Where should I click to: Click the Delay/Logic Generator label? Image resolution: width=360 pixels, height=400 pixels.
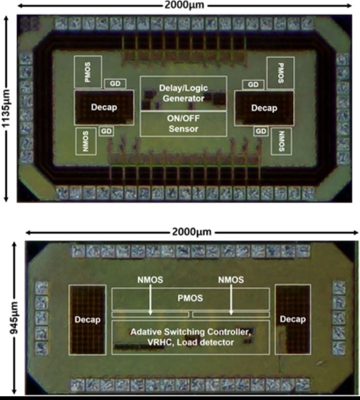pos(183,93)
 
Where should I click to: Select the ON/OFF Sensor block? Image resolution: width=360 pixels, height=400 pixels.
pos(183,124)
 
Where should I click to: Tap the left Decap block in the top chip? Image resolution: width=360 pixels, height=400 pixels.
pos(104,108)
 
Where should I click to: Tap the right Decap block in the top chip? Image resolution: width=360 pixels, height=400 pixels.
pos(264,108)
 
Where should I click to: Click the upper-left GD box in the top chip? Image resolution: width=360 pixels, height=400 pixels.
pos(115,84)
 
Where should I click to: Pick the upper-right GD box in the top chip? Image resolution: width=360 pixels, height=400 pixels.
pos(253,85)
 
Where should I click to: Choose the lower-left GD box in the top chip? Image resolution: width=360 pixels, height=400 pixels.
pos(106,131)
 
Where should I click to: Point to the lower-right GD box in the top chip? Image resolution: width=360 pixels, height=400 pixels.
pos(261,131)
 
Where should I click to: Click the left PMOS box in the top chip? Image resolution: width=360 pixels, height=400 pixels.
pos(87,72)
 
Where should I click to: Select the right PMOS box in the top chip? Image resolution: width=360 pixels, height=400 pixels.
pos(280,73)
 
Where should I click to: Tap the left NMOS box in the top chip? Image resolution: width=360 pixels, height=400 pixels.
pos(86,141)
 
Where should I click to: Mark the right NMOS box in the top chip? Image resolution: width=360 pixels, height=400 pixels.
pos(281,141)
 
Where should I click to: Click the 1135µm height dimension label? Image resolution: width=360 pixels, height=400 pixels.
pos(5,108)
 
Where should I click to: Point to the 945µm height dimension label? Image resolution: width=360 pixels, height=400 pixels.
pos(13,318)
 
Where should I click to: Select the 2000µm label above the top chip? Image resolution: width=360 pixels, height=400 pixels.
pos(184,5)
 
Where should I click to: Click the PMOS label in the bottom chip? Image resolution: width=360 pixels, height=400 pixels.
pos(190,298)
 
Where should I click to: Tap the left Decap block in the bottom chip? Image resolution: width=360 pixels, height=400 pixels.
pos(87,319)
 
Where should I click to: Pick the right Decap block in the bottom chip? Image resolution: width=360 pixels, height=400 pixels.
pos(292,319)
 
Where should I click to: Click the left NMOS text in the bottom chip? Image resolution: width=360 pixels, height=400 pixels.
pos(150,280)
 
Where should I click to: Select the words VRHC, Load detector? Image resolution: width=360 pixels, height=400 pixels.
pos(190,342)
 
